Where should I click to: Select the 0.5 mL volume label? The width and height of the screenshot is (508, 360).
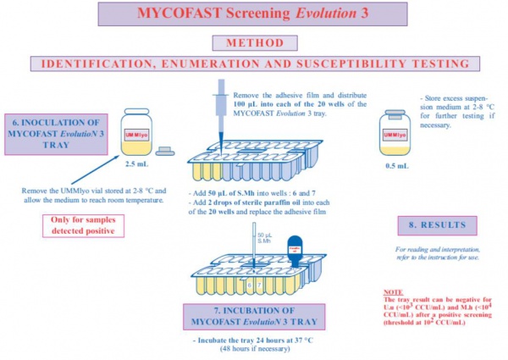click(395, 166)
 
